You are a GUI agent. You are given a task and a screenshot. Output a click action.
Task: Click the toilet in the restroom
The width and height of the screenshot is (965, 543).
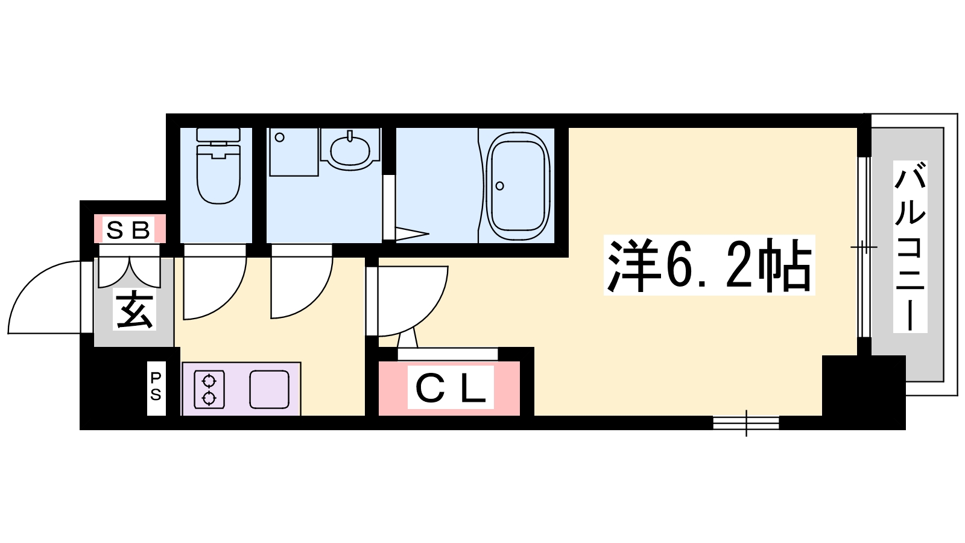point(218,166)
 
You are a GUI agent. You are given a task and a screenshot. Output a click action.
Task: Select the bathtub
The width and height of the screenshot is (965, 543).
point(518,187)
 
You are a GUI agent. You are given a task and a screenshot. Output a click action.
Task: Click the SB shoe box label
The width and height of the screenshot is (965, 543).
point(128,229)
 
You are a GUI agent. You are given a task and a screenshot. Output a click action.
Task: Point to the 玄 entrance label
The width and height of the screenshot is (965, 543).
point(134,310)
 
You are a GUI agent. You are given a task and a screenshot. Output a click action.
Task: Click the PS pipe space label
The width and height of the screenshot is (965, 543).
point(156,387)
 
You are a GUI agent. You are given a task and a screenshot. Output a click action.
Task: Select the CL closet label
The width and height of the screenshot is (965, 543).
point(450,387)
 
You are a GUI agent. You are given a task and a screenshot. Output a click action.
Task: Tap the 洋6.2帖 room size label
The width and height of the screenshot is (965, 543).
point(709,265)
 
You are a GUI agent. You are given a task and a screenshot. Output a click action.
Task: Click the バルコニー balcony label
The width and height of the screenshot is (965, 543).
point(910,247)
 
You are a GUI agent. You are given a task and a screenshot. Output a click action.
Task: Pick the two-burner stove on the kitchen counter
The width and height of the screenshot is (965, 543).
point(209,389)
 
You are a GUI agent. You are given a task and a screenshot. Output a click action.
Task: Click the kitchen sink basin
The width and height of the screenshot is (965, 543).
point(269,389)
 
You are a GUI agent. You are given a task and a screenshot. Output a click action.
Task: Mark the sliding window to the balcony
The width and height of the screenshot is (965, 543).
point(863,247)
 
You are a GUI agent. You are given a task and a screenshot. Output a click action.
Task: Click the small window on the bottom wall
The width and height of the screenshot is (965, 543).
point(746,423)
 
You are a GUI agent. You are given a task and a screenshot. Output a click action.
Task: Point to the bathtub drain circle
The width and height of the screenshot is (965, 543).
point(500,186)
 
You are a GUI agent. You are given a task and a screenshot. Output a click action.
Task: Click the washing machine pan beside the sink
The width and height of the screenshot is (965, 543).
point(294,151)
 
